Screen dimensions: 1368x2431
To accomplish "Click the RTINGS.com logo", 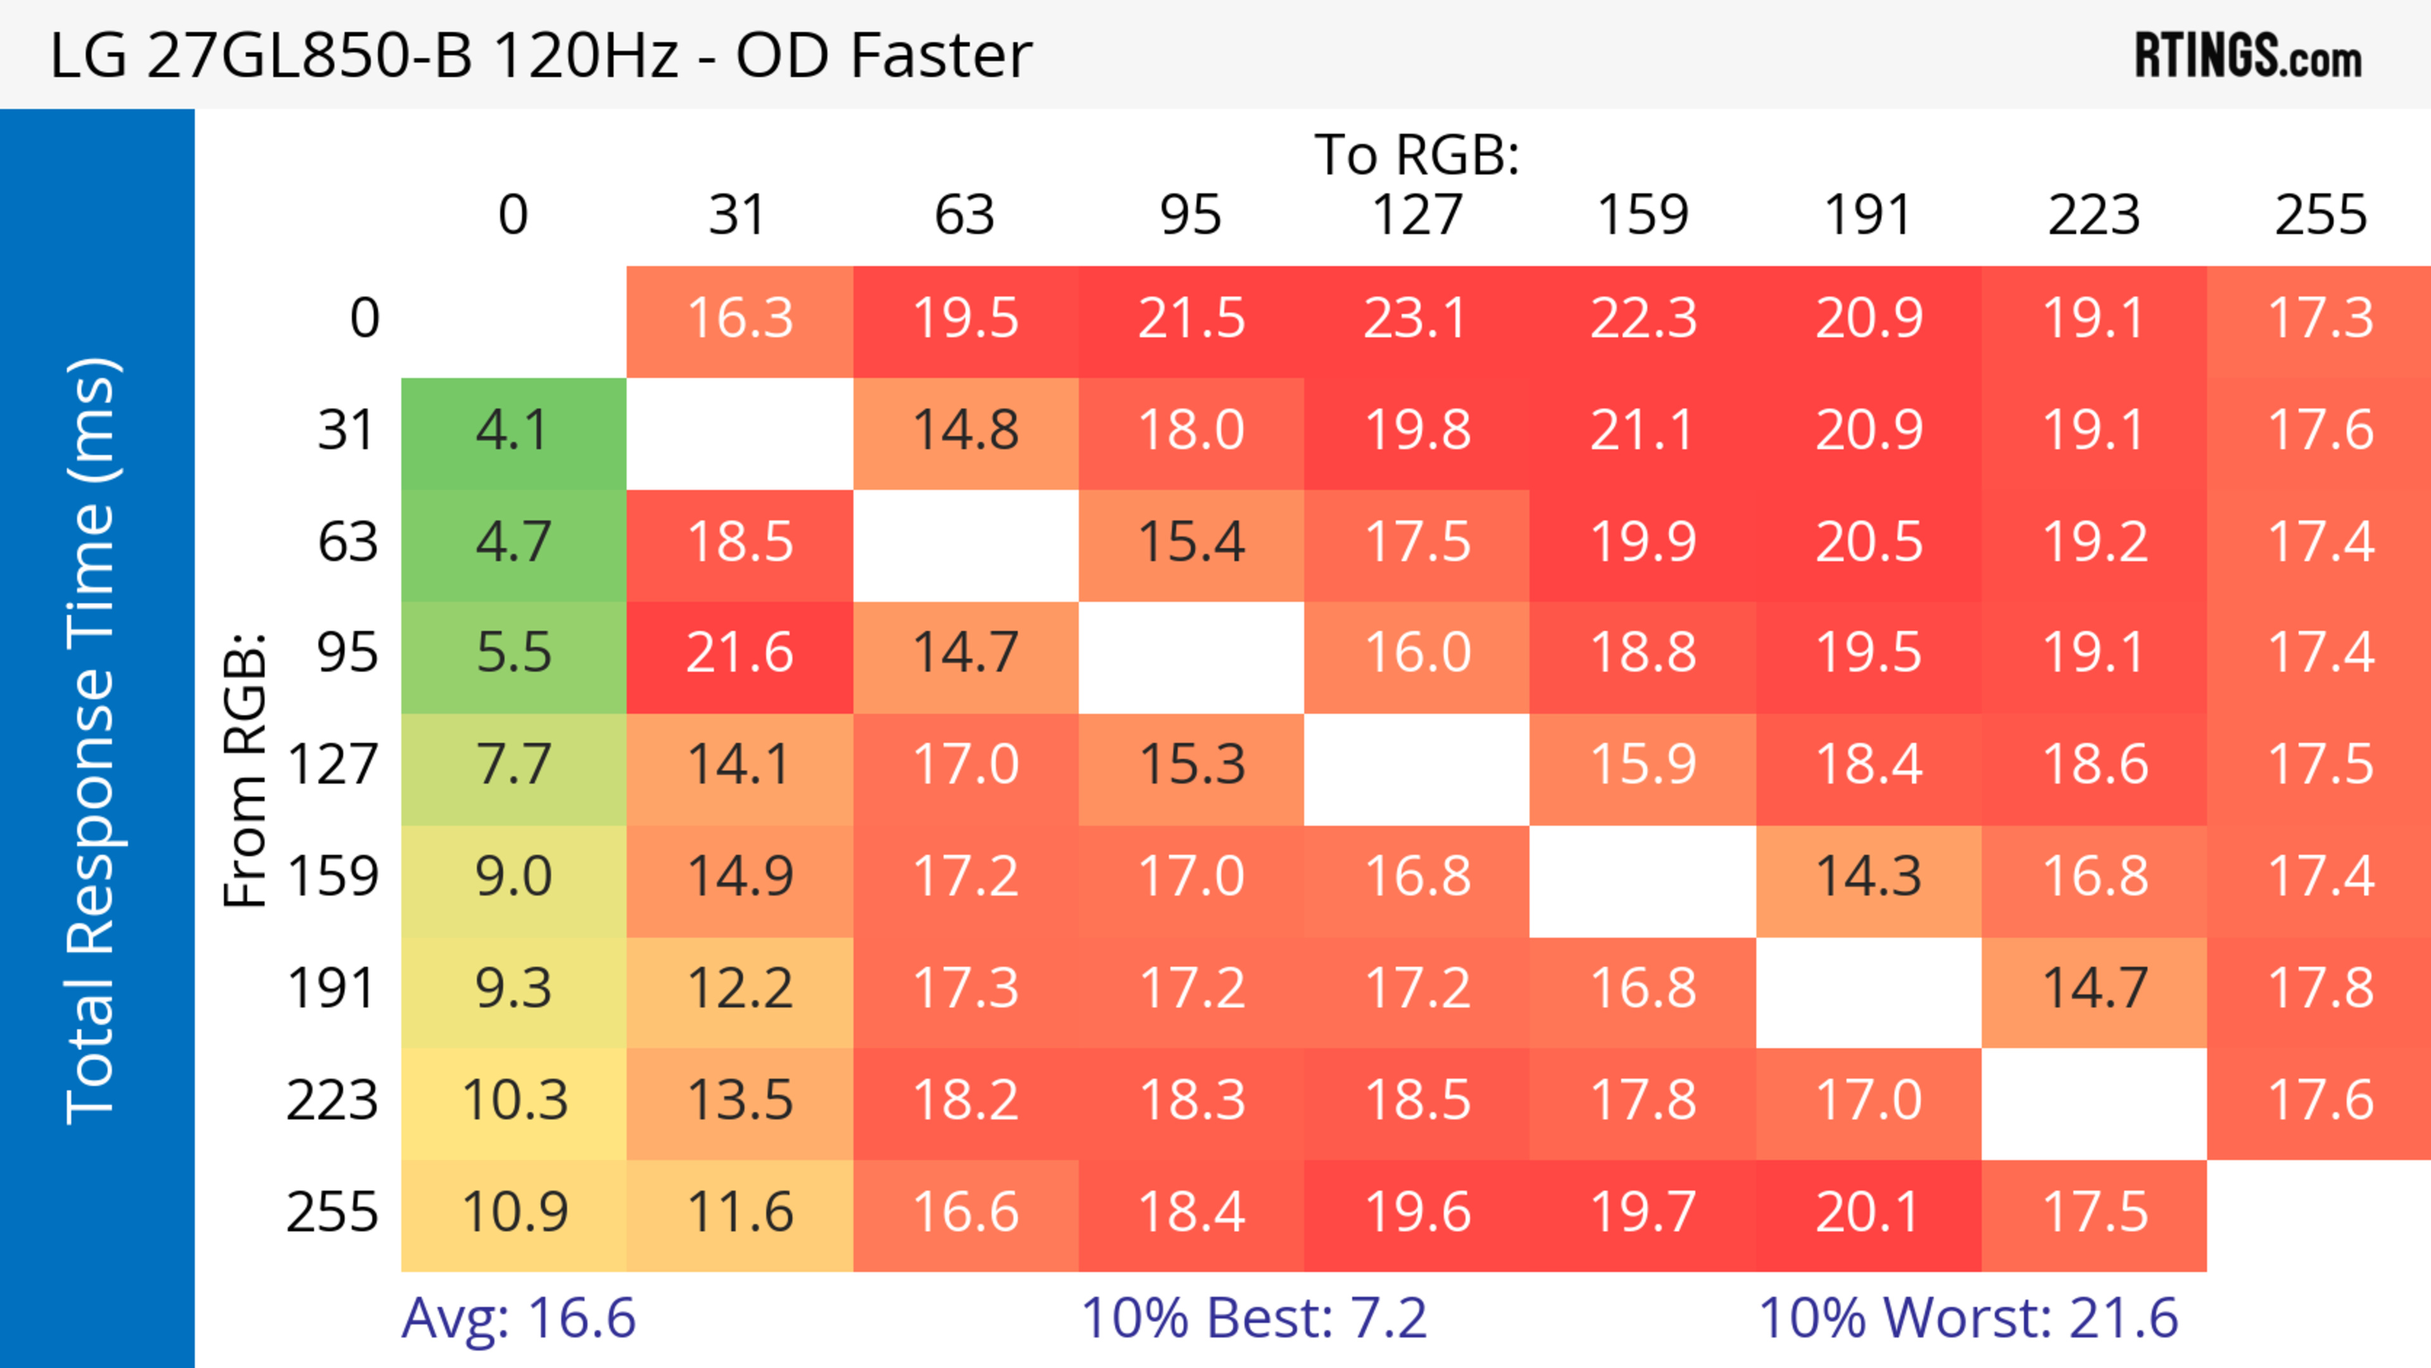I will (x=2248, y=54).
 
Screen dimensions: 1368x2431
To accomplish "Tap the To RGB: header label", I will (x=1417, y=154).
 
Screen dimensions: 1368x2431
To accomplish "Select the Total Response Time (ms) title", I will (x=92, y=741).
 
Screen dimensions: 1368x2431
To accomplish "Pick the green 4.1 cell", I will (x=513, y=431).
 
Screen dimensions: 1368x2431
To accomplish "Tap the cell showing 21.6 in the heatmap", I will (x=740, y=653).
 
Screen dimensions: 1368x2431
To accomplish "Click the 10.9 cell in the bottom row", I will (x=513, y=1212).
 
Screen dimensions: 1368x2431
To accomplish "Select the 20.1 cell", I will (x=1869, y=1212).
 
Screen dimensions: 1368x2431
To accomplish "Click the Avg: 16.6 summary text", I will (x=518, y=1318).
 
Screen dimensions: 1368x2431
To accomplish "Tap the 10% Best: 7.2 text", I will (x=1253, y=1318).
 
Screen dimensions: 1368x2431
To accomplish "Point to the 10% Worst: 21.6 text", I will (x=1969, y=1318).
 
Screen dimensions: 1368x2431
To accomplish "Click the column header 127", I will (x=1417, y=215).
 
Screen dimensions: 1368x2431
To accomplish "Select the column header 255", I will (x=2321, y=215).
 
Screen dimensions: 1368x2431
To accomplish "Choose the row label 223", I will (x=332, y=1100).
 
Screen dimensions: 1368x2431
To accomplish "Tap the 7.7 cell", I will (x=513, y=764).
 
